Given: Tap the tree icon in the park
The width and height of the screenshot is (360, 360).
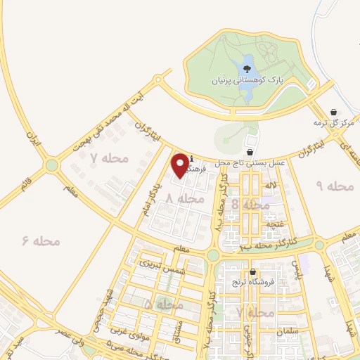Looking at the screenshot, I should click(247, 70).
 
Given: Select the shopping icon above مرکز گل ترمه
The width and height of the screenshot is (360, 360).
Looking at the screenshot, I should click(333, 112).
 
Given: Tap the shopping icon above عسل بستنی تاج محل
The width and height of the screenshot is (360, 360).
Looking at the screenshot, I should click(250, 151).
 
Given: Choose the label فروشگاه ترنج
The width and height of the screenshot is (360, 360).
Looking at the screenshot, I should click(257, 282).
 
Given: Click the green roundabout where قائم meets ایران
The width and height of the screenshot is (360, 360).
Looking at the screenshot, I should click(51, 166).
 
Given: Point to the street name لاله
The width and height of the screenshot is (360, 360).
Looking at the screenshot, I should click(270, 184).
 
